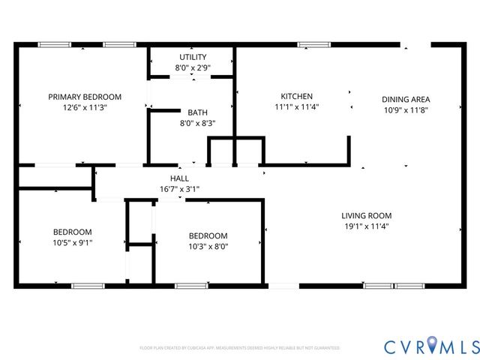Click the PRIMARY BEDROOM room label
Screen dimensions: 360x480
coord(85,97)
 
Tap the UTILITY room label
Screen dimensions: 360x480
coord(193,57)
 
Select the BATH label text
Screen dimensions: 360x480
coord(198,112)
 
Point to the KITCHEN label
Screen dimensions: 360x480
coord(296,96)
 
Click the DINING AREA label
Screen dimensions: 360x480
coord(406,99)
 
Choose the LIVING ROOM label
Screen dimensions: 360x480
coord(367,214)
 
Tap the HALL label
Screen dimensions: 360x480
coord(179,178)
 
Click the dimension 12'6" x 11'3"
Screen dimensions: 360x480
coord(85,107)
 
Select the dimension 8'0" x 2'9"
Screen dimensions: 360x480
coord(193,67)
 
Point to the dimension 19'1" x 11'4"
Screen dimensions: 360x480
coord(367,225)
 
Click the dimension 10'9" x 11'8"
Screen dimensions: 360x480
coord(406,109)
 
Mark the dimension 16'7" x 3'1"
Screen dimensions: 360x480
coord(179,189)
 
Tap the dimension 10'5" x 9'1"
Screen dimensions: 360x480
coord(72,242)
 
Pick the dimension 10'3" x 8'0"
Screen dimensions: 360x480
coord(208,246)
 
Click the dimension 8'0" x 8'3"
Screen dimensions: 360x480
coord(198,123)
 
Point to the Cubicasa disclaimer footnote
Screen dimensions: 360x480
coord(240,348)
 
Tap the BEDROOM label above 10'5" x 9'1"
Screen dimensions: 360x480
coord(72,232)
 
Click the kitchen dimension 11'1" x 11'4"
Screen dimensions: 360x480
coord(296,106)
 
